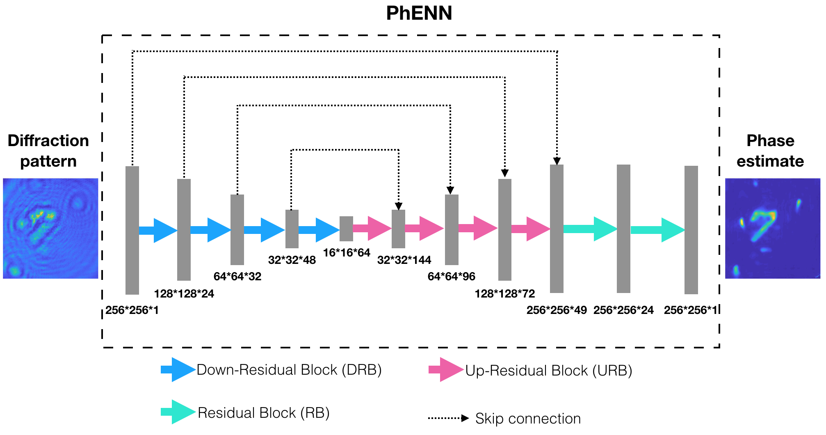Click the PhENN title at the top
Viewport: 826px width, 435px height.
click(419, 13)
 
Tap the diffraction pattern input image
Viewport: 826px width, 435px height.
click(50, 228)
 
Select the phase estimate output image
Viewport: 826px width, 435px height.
click(772, 228)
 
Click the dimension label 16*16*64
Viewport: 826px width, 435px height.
click(347, 253)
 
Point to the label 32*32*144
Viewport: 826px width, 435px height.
click(404, 260)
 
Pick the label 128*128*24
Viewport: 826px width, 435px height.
click(184, 294)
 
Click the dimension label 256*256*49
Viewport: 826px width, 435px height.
click(557, 310)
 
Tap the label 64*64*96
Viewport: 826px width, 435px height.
click(451, 277)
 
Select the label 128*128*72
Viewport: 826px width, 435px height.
click(505, 294)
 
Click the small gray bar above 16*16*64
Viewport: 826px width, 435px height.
click(346, 229)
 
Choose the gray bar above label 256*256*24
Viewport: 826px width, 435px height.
click(623, 229)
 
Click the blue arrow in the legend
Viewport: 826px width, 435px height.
click(177, 370)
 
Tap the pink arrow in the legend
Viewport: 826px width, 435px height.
click(445, 370)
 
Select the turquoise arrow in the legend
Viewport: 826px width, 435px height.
click(177, 412)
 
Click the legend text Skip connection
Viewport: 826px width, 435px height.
click(528, 419)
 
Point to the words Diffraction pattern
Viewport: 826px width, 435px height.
click(48, 151)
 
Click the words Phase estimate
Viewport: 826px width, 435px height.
click(770, 151)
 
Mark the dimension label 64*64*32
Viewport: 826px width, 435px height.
click(237, 277)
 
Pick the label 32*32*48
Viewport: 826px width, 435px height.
click(292, 260)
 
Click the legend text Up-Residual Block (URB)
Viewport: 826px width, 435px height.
click(548, 371)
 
